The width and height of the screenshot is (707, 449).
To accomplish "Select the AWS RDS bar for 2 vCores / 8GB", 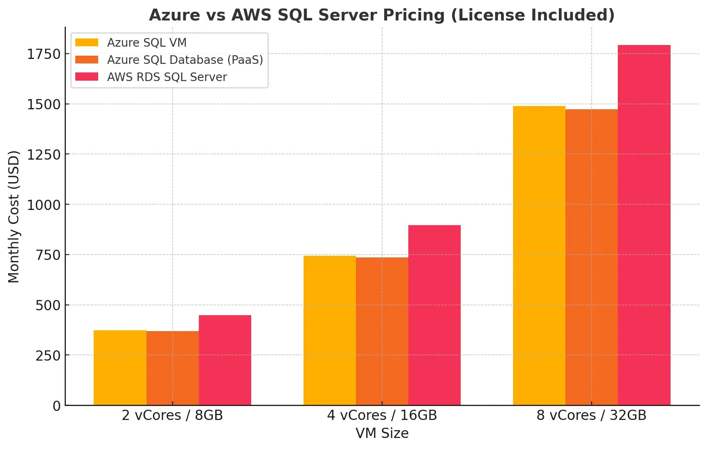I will point(225,360).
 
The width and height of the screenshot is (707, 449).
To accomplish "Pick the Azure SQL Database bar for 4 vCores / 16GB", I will point(382,331).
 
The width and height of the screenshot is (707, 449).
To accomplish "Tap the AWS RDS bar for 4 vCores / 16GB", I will point(435,315).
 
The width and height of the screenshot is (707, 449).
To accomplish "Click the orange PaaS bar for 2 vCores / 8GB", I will point(173,368).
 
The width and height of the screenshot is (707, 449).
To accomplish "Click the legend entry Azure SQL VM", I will point(146,43).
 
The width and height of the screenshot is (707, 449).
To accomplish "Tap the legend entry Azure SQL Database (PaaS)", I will point(185,60).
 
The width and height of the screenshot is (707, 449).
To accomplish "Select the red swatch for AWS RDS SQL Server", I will point(87,77).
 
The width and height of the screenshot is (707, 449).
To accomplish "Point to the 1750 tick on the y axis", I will point(44,54).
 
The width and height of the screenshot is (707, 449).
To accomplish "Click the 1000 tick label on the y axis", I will point(44,205).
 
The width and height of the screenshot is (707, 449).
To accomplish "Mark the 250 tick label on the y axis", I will point(48,356).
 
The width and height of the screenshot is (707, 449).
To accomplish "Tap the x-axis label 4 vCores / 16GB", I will point(382,415).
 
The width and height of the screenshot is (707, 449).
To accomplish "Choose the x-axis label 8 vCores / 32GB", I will point(591,415).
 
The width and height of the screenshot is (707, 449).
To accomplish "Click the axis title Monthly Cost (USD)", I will point(14,217).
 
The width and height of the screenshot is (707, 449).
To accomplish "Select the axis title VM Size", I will point(382,433).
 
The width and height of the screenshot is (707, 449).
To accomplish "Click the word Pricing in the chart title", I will point(414,15).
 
